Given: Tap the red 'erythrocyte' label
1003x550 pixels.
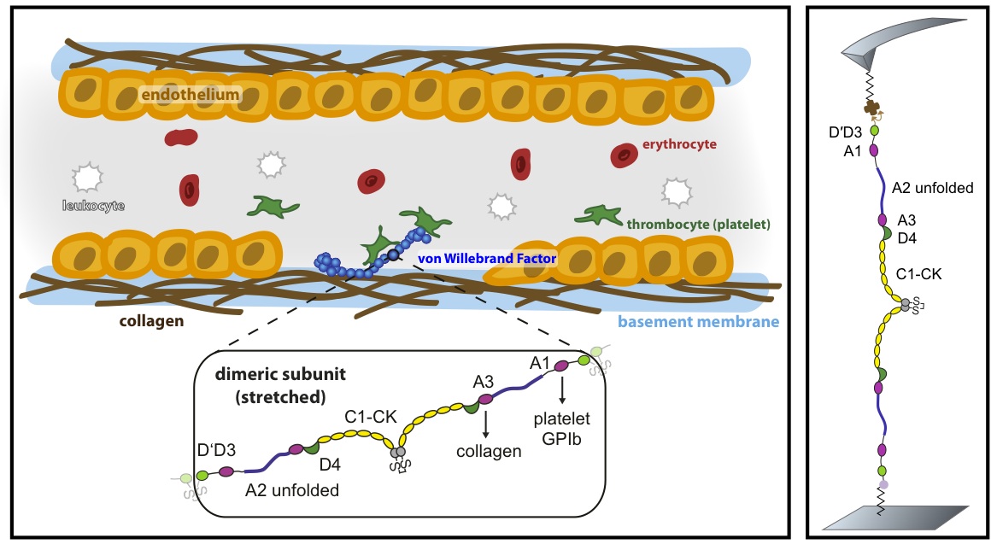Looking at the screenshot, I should [681, 144].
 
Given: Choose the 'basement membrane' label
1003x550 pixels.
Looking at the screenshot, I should [698, 322].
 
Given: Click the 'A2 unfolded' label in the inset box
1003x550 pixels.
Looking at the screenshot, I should [292, 491].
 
